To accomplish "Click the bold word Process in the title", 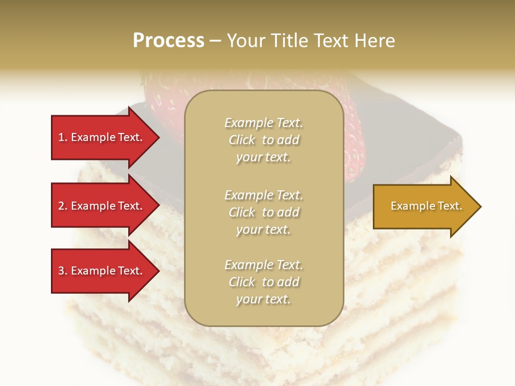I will point(168,41).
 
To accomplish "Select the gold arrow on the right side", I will point(424,206).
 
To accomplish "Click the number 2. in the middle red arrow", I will point(63,206).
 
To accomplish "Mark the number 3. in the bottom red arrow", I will point(63,271).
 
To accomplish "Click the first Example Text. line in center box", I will point(263,123).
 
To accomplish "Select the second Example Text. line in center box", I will point(263,195).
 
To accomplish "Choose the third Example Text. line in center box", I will point(263,265).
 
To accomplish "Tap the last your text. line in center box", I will point(263,300).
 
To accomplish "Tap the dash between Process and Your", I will point(215,41).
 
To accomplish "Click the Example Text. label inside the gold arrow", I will point(426,206).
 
